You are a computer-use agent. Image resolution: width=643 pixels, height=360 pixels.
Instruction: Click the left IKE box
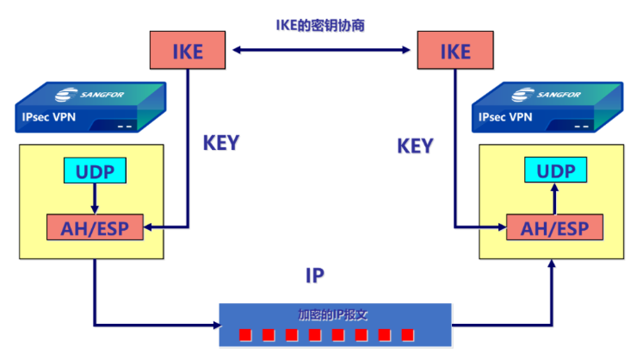point(188,51)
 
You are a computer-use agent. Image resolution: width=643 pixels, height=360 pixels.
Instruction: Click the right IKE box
point(455,51)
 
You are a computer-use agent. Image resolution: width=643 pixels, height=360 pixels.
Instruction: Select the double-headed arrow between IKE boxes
point(322,52)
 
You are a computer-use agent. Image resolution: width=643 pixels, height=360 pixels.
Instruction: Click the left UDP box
point(94,171)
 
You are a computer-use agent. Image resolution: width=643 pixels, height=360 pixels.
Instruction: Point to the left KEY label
point(220,143)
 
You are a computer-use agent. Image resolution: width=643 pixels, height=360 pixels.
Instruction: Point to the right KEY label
point(415,146)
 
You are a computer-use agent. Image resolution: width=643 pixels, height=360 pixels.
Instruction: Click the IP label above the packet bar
point(315,276)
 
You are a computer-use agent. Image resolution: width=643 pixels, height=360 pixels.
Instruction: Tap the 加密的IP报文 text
point(332,313)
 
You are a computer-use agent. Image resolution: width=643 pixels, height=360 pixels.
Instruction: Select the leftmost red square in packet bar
point(244,334)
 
